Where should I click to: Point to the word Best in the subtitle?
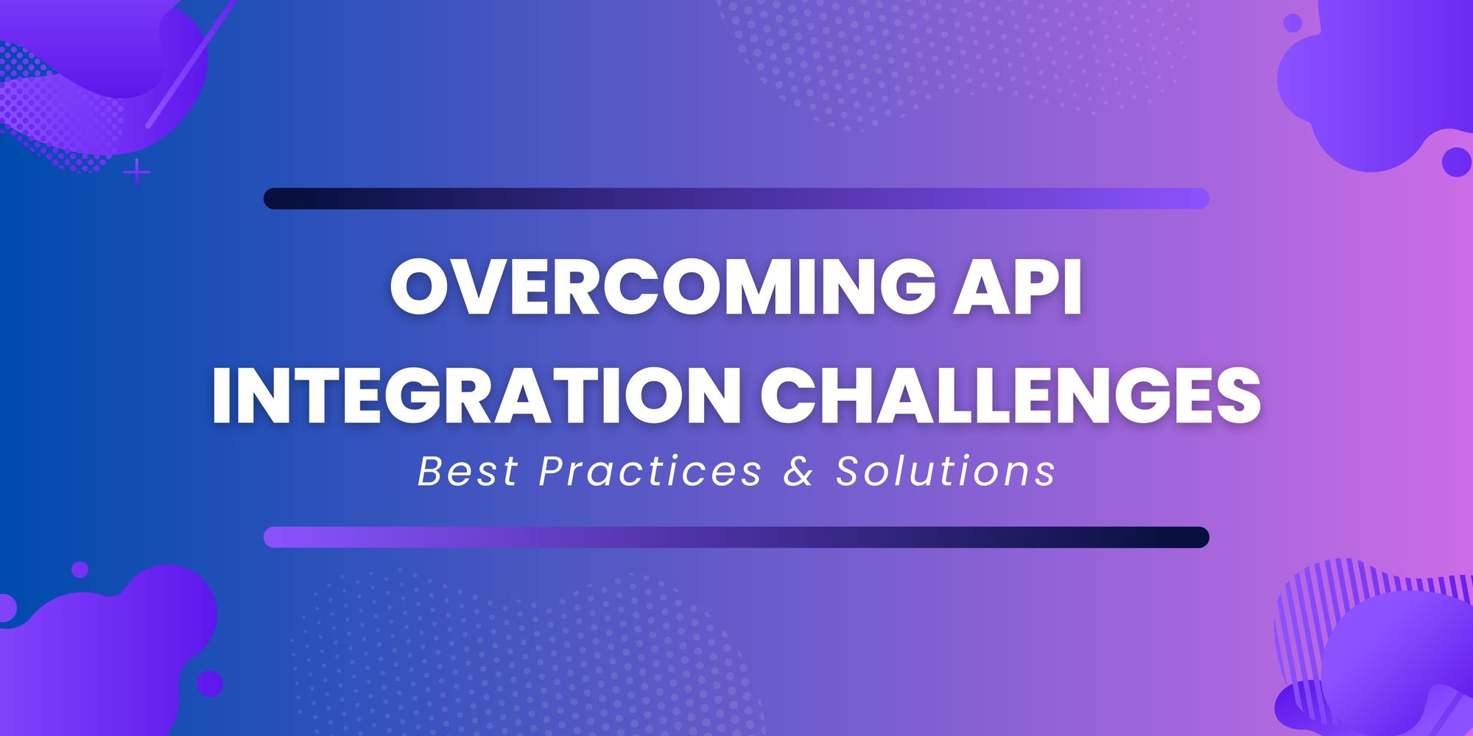(x=468, y=471)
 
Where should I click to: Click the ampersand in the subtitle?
(x=798, y=472)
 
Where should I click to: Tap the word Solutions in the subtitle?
(x=946, y=471)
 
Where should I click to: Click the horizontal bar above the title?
(x=736, y=199)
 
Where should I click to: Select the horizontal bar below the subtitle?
(x=736, y=537)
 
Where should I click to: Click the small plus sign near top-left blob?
(x=137, y=173)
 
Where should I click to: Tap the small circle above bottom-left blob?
(x=80, y=569)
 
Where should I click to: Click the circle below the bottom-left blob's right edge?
(x=209, y=683)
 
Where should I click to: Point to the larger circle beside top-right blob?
(x=1455, y=162)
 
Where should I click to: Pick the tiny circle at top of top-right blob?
(x=1293, y=23)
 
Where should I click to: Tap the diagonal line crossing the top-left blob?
(x=188, y=66)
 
